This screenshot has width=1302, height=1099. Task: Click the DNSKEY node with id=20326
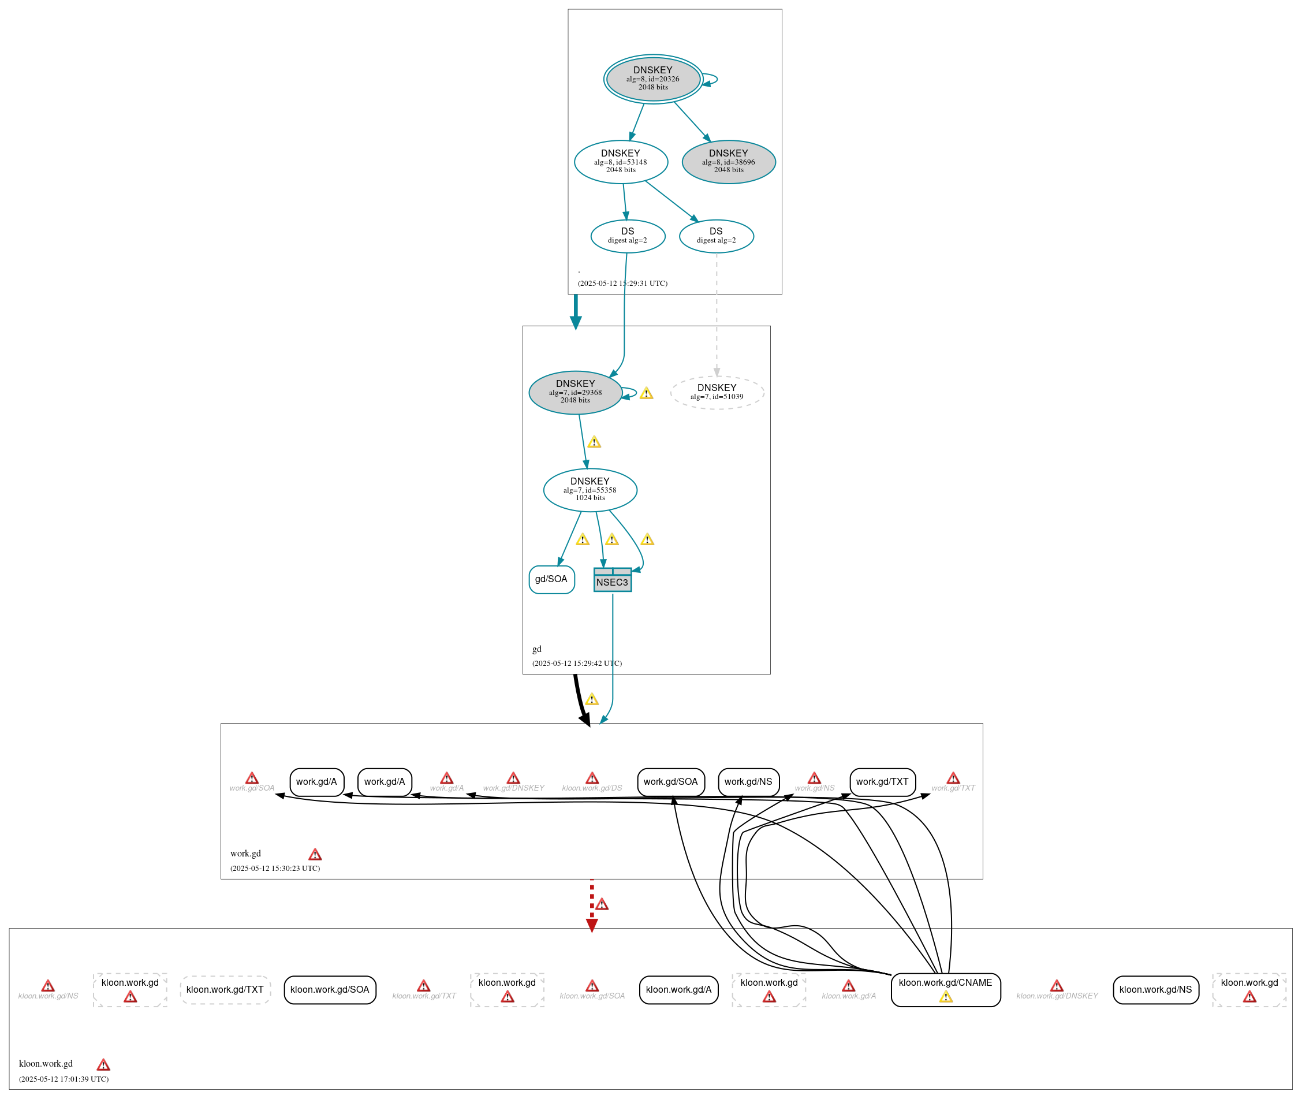652,79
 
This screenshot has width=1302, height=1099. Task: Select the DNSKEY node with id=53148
621,161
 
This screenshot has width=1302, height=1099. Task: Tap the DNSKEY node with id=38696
728,161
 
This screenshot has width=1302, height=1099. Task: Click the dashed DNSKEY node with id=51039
717,392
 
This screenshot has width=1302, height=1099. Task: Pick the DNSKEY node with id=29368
575,392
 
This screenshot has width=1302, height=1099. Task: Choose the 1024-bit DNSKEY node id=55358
590,490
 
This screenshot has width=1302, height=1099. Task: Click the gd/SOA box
551,579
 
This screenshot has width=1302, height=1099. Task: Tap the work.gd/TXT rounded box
882,781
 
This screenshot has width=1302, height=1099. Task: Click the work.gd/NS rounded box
748,781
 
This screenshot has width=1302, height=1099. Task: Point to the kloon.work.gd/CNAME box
945,989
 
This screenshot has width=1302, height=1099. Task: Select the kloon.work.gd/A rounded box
678,989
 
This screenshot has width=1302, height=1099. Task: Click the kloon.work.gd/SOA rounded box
329,989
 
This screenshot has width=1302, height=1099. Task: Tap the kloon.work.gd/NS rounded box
1155,989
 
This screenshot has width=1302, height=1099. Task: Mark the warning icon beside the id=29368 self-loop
646,393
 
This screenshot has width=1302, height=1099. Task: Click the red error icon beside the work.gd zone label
315,854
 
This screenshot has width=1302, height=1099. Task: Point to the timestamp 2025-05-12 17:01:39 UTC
64,1079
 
